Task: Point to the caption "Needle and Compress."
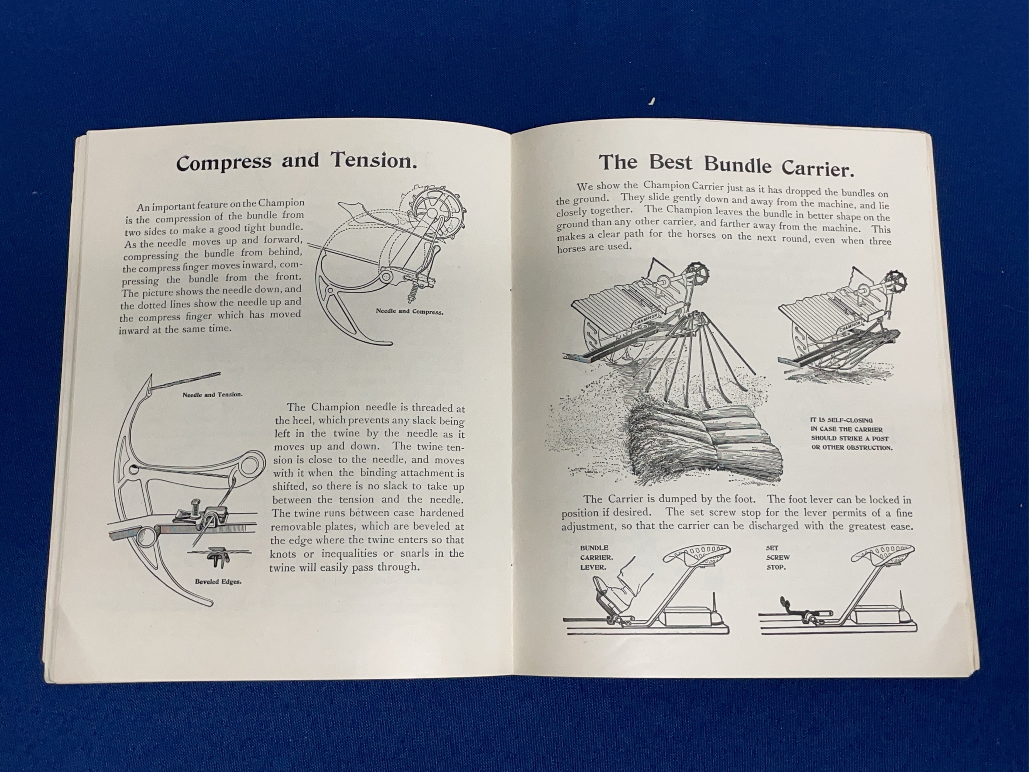409,312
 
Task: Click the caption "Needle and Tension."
212,394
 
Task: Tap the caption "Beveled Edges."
218,582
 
